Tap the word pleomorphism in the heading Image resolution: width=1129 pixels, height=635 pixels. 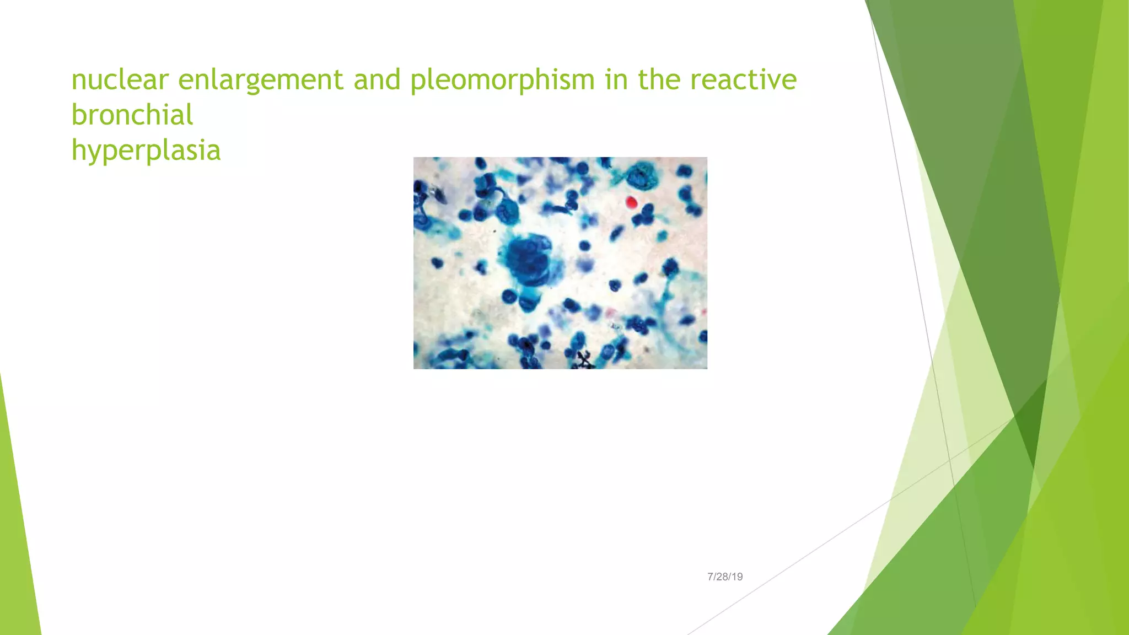click(x=502, y=80)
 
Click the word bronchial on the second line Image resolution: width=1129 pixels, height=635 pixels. click(x=132, y=115)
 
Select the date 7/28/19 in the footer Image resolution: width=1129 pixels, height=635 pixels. click(x=725, y=577)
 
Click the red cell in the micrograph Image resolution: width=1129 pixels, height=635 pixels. click(x=631, y=202)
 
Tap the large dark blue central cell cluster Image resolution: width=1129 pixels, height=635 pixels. click(x=528, y=259)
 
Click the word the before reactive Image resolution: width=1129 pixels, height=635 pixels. click(x=658, y=79)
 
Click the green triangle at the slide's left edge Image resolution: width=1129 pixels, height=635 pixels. click(x=17, y=524)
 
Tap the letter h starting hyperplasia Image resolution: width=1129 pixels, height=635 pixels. click(x=78, y=150)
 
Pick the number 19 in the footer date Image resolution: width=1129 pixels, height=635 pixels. click(x=738, y=577)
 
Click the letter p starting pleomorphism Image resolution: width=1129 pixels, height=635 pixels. click(x=418, y=83)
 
